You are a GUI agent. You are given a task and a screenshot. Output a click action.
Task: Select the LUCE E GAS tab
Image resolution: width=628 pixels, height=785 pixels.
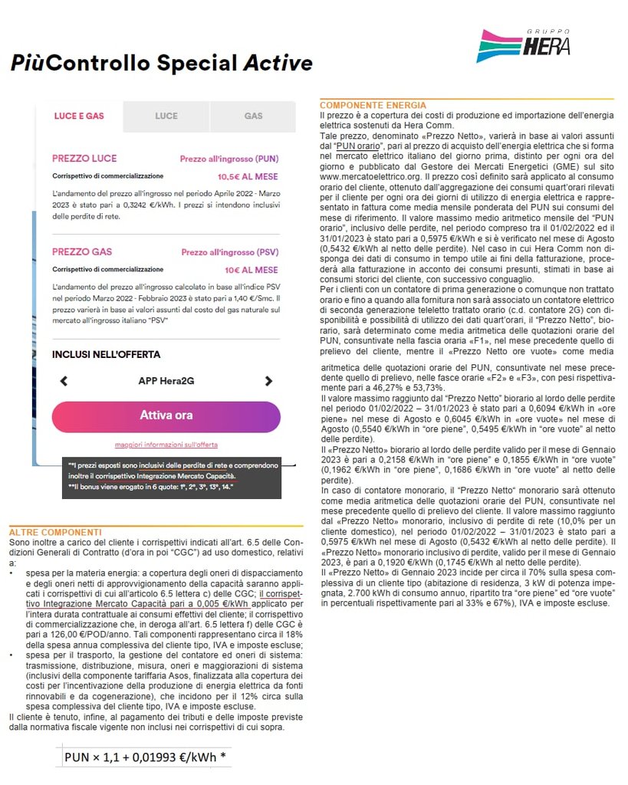coord(79,117)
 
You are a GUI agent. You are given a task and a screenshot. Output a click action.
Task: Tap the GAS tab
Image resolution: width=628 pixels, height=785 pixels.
coord(253,117)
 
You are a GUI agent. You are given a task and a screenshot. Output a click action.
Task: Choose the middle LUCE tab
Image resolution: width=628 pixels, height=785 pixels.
coord(166,117)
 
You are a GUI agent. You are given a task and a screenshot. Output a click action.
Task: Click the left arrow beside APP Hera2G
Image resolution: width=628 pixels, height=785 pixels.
coord(64,381)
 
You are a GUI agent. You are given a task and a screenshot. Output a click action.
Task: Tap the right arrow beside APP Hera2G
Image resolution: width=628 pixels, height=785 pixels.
coord(268,381)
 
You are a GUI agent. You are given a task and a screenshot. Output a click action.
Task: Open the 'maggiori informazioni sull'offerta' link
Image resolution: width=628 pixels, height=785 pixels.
coord(166,445)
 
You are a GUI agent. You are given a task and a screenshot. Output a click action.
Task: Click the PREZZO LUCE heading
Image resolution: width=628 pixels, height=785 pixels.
coord(84,159)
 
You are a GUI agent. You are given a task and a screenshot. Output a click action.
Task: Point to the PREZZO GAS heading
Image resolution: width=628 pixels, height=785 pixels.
coord(83,251)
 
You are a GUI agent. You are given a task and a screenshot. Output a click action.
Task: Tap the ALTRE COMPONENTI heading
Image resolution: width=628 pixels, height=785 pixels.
coord(55,532)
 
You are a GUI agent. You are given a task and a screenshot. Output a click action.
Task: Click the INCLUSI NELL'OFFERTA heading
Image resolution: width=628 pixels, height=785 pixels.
coord(106,355)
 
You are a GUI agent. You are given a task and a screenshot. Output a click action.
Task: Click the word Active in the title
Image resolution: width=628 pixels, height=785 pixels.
coord(277,63)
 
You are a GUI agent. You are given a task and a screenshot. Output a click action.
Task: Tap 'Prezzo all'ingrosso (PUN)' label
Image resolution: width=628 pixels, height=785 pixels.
coord(230,159)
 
